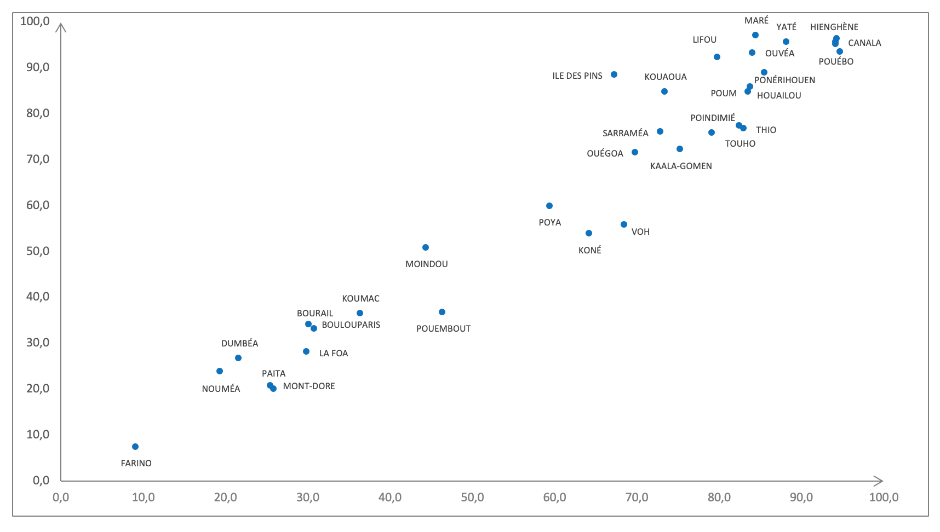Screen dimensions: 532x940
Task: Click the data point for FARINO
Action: coord(135,447)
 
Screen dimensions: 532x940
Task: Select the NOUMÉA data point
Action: coord(220,371)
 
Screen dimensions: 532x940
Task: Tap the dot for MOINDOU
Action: coord(426,247)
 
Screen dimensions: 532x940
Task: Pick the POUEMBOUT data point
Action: coord(442,312)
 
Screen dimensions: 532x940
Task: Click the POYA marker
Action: coord(549,206)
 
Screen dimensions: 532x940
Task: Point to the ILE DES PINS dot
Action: coord(614,74)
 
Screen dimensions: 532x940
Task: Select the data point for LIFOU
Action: coord(717,57)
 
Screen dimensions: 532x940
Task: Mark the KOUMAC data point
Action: coord(360,313)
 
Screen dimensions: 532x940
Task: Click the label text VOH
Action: coord(640,232)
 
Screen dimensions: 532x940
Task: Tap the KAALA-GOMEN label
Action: coord(681,166)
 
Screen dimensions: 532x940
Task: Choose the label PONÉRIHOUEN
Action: coord(784,80)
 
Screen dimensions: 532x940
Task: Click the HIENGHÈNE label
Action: coord(834,27)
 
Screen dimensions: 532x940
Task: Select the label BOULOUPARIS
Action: coord(351,325)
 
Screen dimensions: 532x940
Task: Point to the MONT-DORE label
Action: coord(309,386)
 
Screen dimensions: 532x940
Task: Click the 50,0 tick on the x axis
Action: coord(472,498)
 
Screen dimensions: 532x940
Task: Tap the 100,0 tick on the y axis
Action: coord(35,21)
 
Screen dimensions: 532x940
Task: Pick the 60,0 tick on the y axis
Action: coord(38,205)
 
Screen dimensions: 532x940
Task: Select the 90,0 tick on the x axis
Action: coord(801,498)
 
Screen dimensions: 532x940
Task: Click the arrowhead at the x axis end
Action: coord(878,481)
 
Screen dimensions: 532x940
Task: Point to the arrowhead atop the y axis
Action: coord(61,27)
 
